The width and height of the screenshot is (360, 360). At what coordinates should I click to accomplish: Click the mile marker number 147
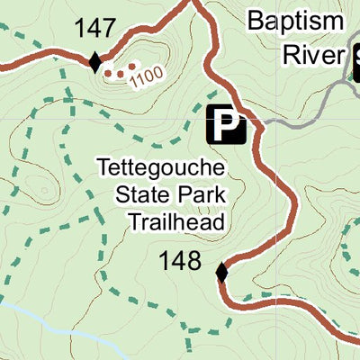(96, 29)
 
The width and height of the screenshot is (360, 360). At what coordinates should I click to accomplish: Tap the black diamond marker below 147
(95, 61)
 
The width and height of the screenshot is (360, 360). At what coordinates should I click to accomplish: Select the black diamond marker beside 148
(221, 271)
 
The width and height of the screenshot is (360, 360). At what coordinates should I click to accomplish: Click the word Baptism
(295, 21)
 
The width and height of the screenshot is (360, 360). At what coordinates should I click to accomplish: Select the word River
(311, 54)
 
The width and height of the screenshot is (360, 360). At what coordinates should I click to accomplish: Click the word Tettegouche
(160, 167)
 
